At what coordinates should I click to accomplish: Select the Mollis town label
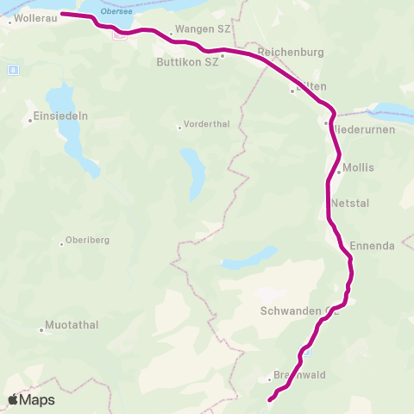click(358, 167)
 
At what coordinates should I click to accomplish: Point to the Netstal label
click(349, 204)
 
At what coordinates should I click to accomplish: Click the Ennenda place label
click(372, 246)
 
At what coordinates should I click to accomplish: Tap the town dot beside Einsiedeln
click(30, 121)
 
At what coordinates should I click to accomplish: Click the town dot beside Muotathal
click(41, 329)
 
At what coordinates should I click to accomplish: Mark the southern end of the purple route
click(271, 399)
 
